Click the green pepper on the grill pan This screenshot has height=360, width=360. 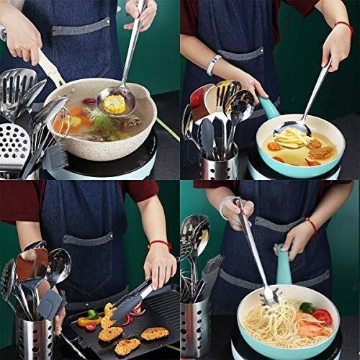pos(91,315)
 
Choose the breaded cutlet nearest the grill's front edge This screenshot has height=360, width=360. pos(127,346)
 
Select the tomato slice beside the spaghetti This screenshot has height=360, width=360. pos(323,318)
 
